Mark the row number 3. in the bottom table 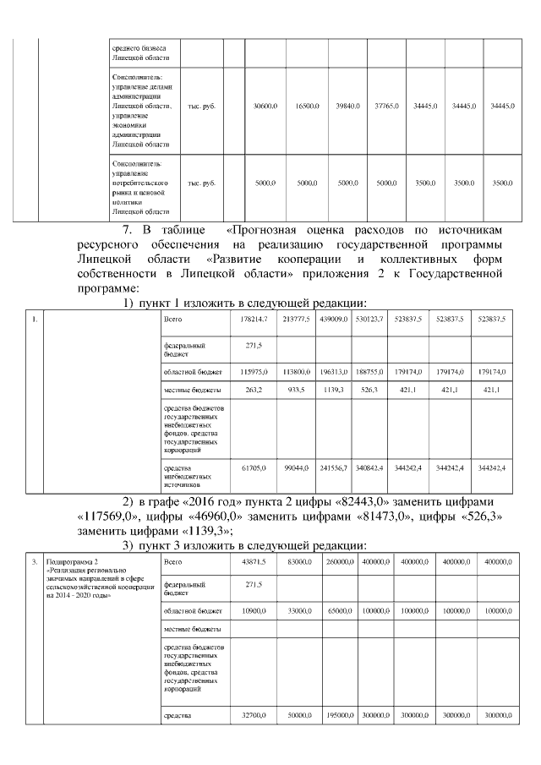[x=33, y=561]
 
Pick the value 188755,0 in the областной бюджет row [x=369, y=371]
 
